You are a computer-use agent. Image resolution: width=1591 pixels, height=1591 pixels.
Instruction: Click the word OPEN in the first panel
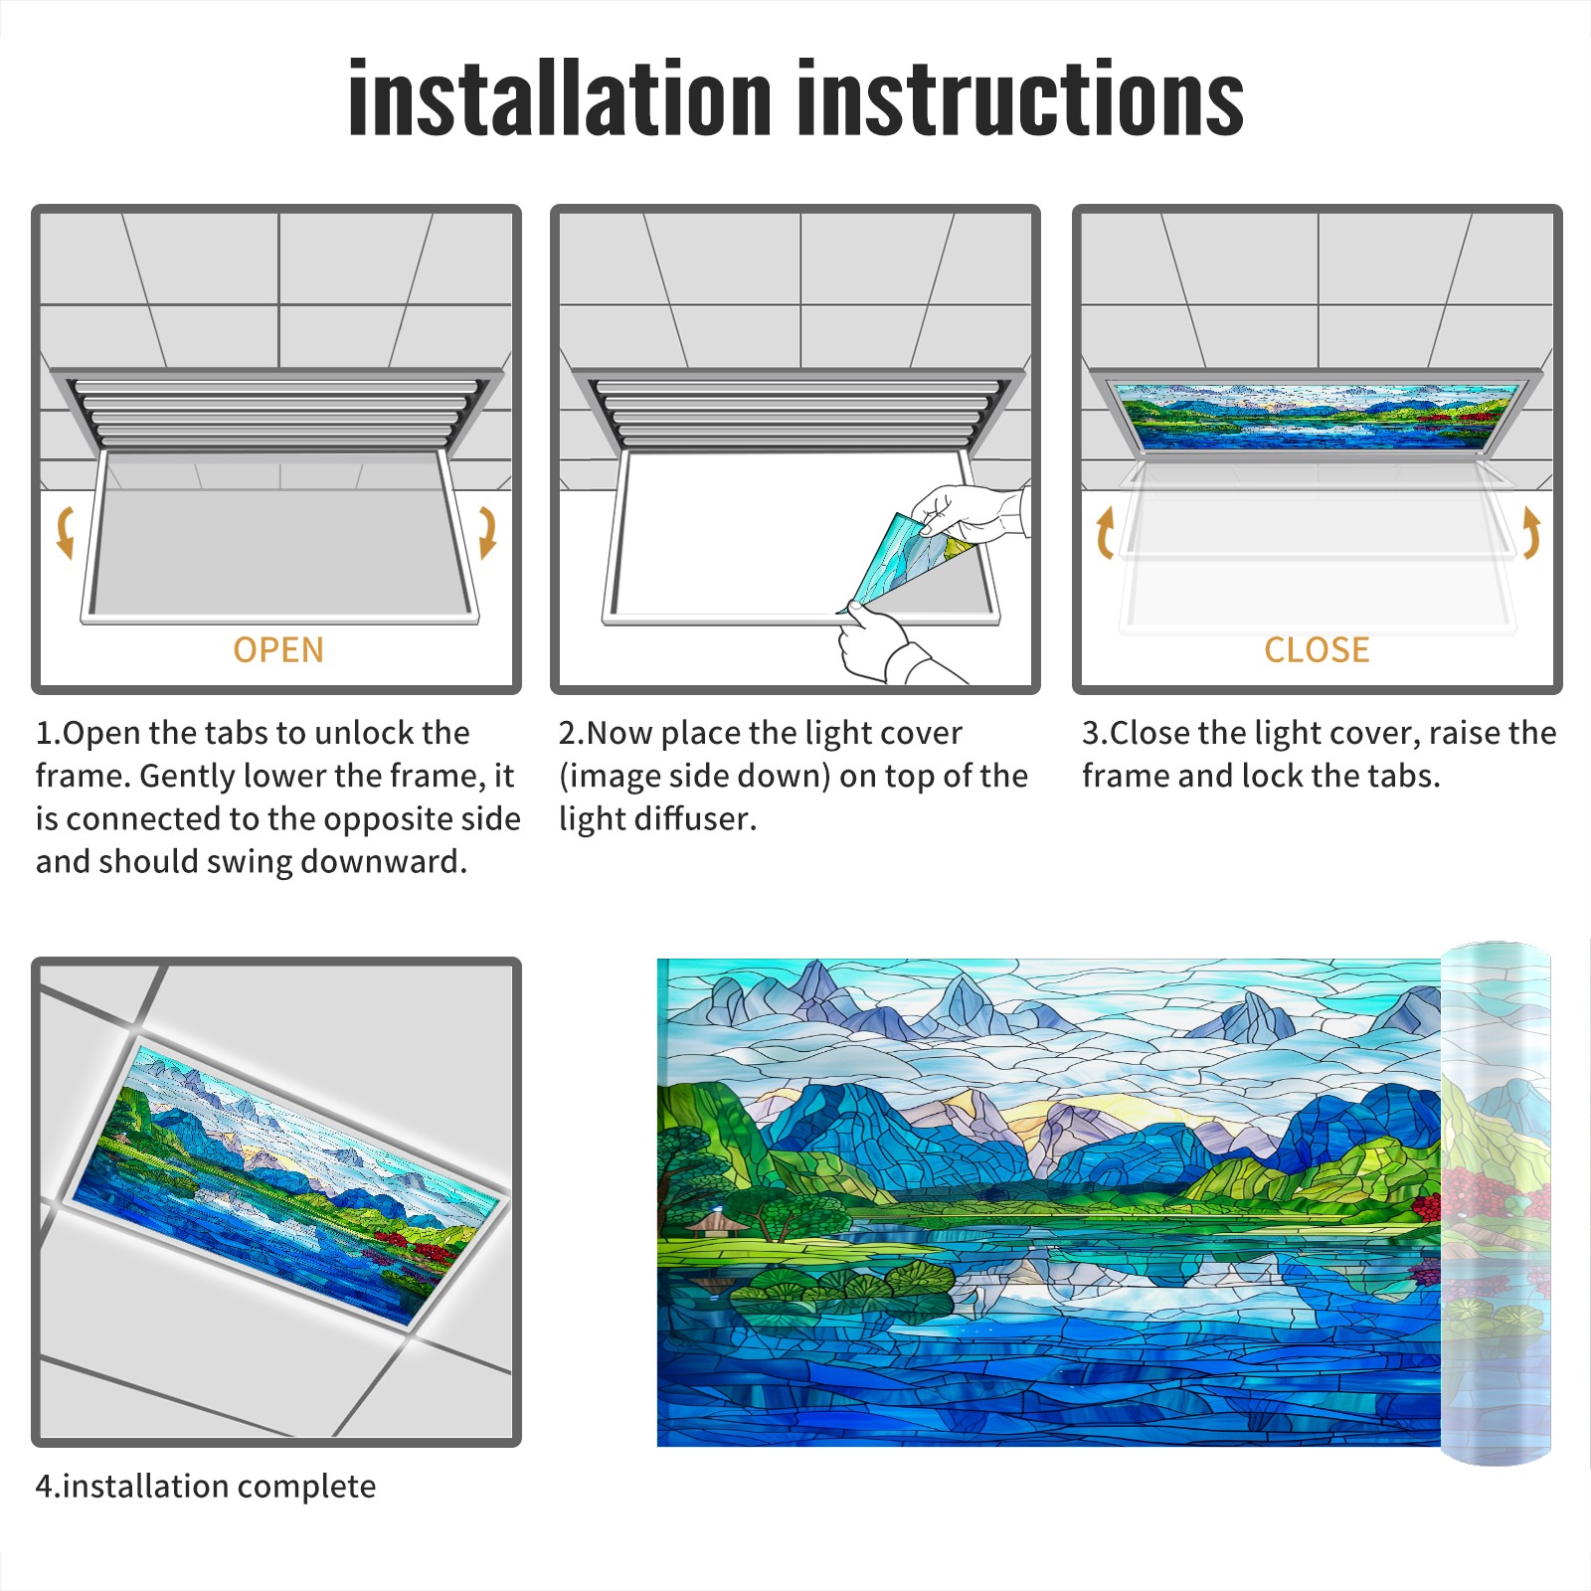pyautogui.click(x=278, y=649)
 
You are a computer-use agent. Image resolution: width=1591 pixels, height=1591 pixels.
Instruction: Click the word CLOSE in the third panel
pyautogui.click(x=1317, y=649)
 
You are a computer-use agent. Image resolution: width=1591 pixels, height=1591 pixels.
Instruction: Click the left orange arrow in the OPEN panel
pyautogui.click(x=66, y=531)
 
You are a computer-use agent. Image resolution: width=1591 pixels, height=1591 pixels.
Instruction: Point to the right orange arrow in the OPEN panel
pyautogui.click(x=487, y=531)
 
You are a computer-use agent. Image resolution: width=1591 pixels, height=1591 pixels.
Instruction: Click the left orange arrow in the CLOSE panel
pyautogui.click(x=1104, y=532)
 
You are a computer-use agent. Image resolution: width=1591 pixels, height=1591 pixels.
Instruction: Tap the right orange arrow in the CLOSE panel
pyautogui.click(x=1531, y=532)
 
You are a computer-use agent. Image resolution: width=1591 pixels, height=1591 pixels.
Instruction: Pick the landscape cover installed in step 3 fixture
pyautogui.click(x=1318, y=416)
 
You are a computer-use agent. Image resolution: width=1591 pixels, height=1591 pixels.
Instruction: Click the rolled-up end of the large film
pyautogui.click(x=1497, y=1203)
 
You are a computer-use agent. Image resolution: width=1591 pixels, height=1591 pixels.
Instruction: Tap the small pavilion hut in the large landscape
pyautogui.click(x=716, y=1222)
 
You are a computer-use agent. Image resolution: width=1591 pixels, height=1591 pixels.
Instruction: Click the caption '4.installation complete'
pyautogui.click(x=206, y=1487)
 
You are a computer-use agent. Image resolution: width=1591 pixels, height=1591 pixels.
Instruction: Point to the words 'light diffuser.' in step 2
pyautogui.click(x=657, y=818)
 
